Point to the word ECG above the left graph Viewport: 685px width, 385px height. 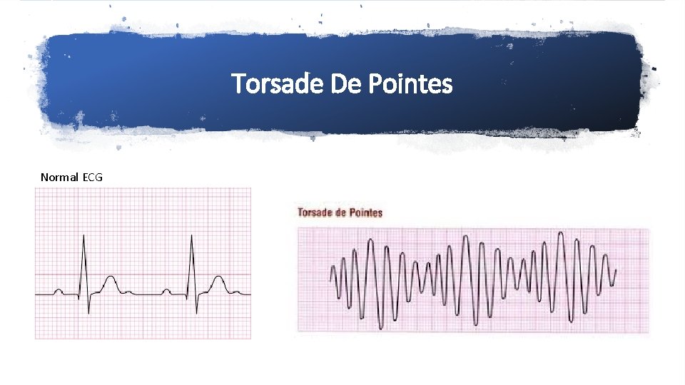pos(92,177)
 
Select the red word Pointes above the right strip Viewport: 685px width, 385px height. pos(366,212)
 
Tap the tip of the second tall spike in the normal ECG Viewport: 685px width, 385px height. pos(191,236)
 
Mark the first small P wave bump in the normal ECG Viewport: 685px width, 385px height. pos(59,290)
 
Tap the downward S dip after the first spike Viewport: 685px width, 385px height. pos(88,312)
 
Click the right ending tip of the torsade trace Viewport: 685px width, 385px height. pos(616,270)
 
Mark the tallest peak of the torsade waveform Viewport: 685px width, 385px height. pos(561,234)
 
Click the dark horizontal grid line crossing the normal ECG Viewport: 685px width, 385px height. pos(143,274)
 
